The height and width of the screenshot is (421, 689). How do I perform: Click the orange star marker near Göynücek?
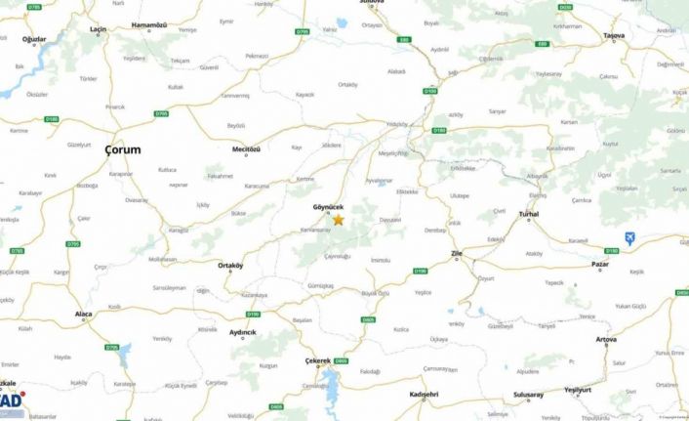pos(338,220)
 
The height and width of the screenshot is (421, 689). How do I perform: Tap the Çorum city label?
pos(122,149)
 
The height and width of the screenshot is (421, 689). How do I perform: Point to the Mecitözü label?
pos(248,148)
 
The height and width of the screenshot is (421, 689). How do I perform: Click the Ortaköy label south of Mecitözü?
pos(230,266)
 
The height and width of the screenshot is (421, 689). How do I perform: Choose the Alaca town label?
pos(84,314)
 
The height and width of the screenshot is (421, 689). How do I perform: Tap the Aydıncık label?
pos(242,332)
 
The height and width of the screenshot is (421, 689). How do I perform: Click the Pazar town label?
pos(600,264)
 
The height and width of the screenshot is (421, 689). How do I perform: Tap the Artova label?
pos(606,342)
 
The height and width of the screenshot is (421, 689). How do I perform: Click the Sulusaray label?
pos(527,394)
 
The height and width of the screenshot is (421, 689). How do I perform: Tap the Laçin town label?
pos(99,30)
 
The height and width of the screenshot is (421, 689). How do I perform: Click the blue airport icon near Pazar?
pos(630,237)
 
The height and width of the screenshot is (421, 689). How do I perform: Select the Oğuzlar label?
pos(34,38)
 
